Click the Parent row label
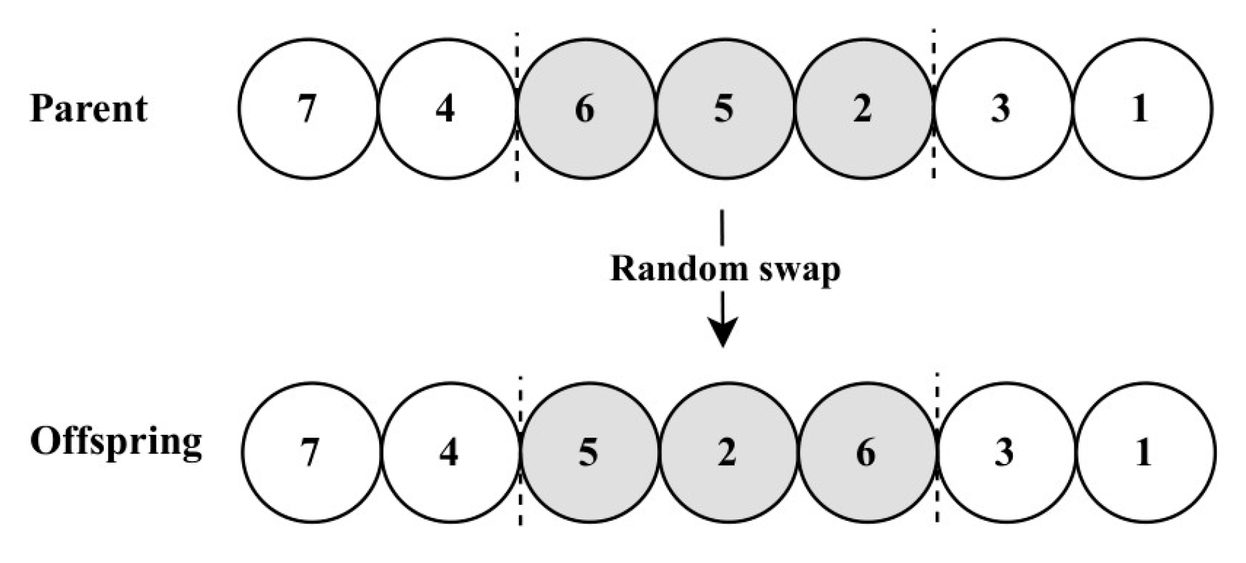(89, 109)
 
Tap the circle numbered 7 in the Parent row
(308, 109)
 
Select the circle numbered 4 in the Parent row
(447, 109)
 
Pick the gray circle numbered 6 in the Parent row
(586, 109)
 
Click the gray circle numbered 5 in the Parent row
(724, 109)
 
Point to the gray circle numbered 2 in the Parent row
(863, 109)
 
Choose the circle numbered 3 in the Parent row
(1002, 109)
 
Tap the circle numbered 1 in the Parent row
(1141, 109)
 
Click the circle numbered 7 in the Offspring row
(311, 453)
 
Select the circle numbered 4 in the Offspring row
(450, 453)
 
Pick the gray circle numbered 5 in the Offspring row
(589, 453)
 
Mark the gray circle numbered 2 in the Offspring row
(727, 453)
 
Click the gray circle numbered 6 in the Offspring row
(866, 453)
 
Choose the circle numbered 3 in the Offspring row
(1005, 453)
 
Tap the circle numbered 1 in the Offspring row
(1144, 453)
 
